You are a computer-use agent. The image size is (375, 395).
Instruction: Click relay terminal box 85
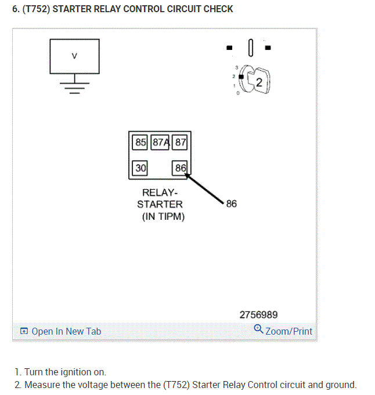tap(140, 142)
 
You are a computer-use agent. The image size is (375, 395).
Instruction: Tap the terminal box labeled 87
tap(181, 142)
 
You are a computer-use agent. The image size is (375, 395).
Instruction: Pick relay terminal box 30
tap(140, 168)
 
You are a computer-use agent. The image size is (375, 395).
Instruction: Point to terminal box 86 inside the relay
tap(181, 168)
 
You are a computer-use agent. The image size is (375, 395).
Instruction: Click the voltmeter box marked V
tap(74, 56)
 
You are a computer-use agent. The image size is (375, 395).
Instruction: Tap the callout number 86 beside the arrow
tap(231, 204)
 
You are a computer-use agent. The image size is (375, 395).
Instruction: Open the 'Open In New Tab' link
tap(66, 331)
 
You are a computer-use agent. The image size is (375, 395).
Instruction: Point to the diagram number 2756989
tap(258, 315)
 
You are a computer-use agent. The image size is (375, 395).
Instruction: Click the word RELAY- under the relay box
tap(160, 193)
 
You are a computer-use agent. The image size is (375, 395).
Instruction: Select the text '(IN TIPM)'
tap(163, 216)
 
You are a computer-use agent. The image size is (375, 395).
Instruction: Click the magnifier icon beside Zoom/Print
tap(258, 330)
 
